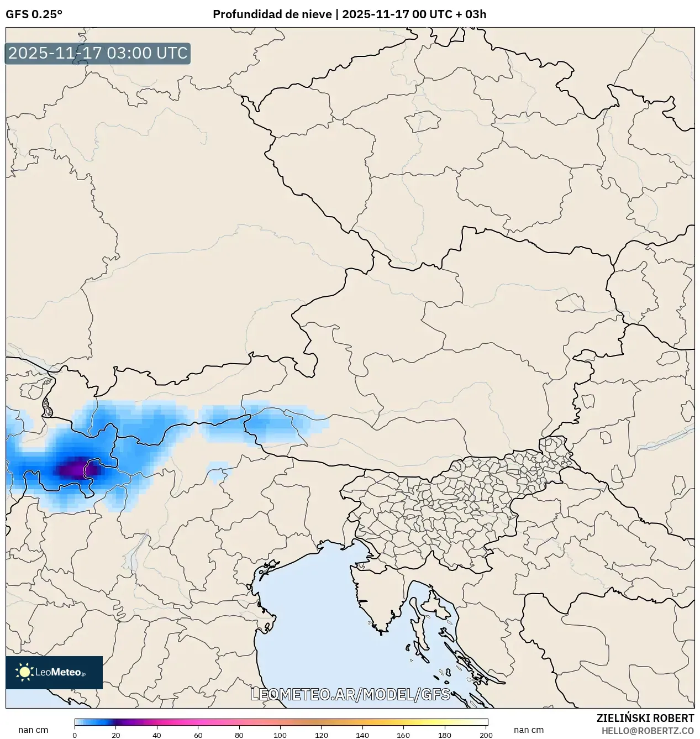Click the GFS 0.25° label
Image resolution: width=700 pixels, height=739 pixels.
tap(34, 14)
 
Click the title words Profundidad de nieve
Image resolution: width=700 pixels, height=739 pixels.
tap(272, 14)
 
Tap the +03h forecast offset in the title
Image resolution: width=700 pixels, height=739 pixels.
tap(476, 14)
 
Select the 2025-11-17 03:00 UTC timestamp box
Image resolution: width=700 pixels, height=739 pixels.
tap(98, 54)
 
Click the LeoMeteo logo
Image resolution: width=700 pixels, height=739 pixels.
tap(54, 672)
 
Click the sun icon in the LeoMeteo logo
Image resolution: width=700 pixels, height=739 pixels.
tap(25, 672)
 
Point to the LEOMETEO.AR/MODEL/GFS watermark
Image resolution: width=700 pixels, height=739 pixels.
tap(350, 694)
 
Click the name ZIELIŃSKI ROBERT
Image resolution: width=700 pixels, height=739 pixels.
tap(645, 718)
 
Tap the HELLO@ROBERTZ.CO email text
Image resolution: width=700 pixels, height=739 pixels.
tap(648, 731)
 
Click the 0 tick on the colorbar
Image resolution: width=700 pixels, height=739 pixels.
tap(75, 735)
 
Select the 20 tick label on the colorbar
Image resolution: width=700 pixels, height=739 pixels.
tap(115, 735)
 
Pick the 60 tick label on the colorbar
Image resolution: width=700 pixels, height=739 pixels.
tap(198, 735)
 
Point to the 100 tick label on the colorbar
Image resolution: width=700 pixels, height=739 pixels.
tap(280, 735)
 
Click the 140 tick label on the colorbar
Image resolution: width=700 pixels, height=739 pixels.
tap(362, 735)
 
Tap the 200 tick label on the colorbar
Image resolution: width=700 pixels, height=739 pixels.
tap(486, 735)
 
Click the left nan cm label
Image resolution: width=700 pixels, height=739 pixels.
tap(33, 730)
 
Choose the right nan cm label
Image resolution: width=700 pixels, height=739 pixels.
tap(528, 730)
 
